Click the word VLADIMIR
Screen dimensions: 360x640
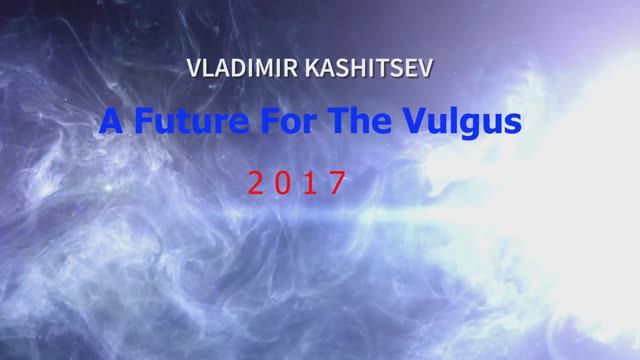247,71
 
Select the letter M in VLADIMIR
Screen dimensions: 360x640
266,71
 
